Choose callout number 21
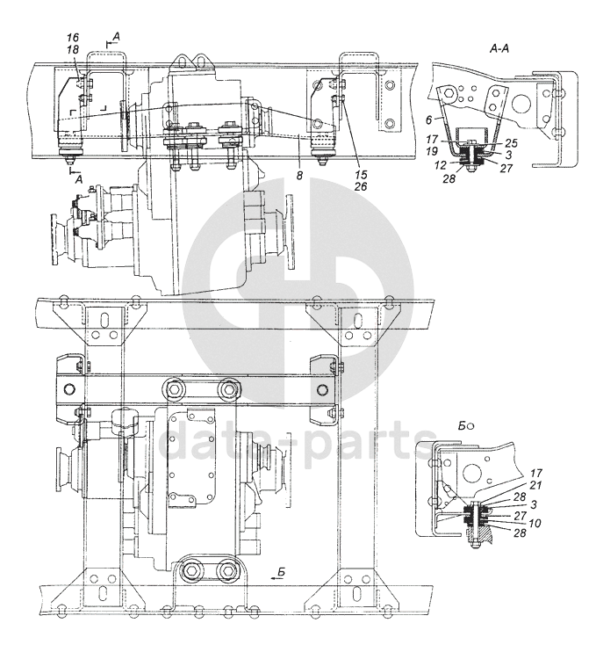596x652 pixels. (536, 484)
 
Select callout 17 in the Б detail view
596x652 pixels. (536, 474)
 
